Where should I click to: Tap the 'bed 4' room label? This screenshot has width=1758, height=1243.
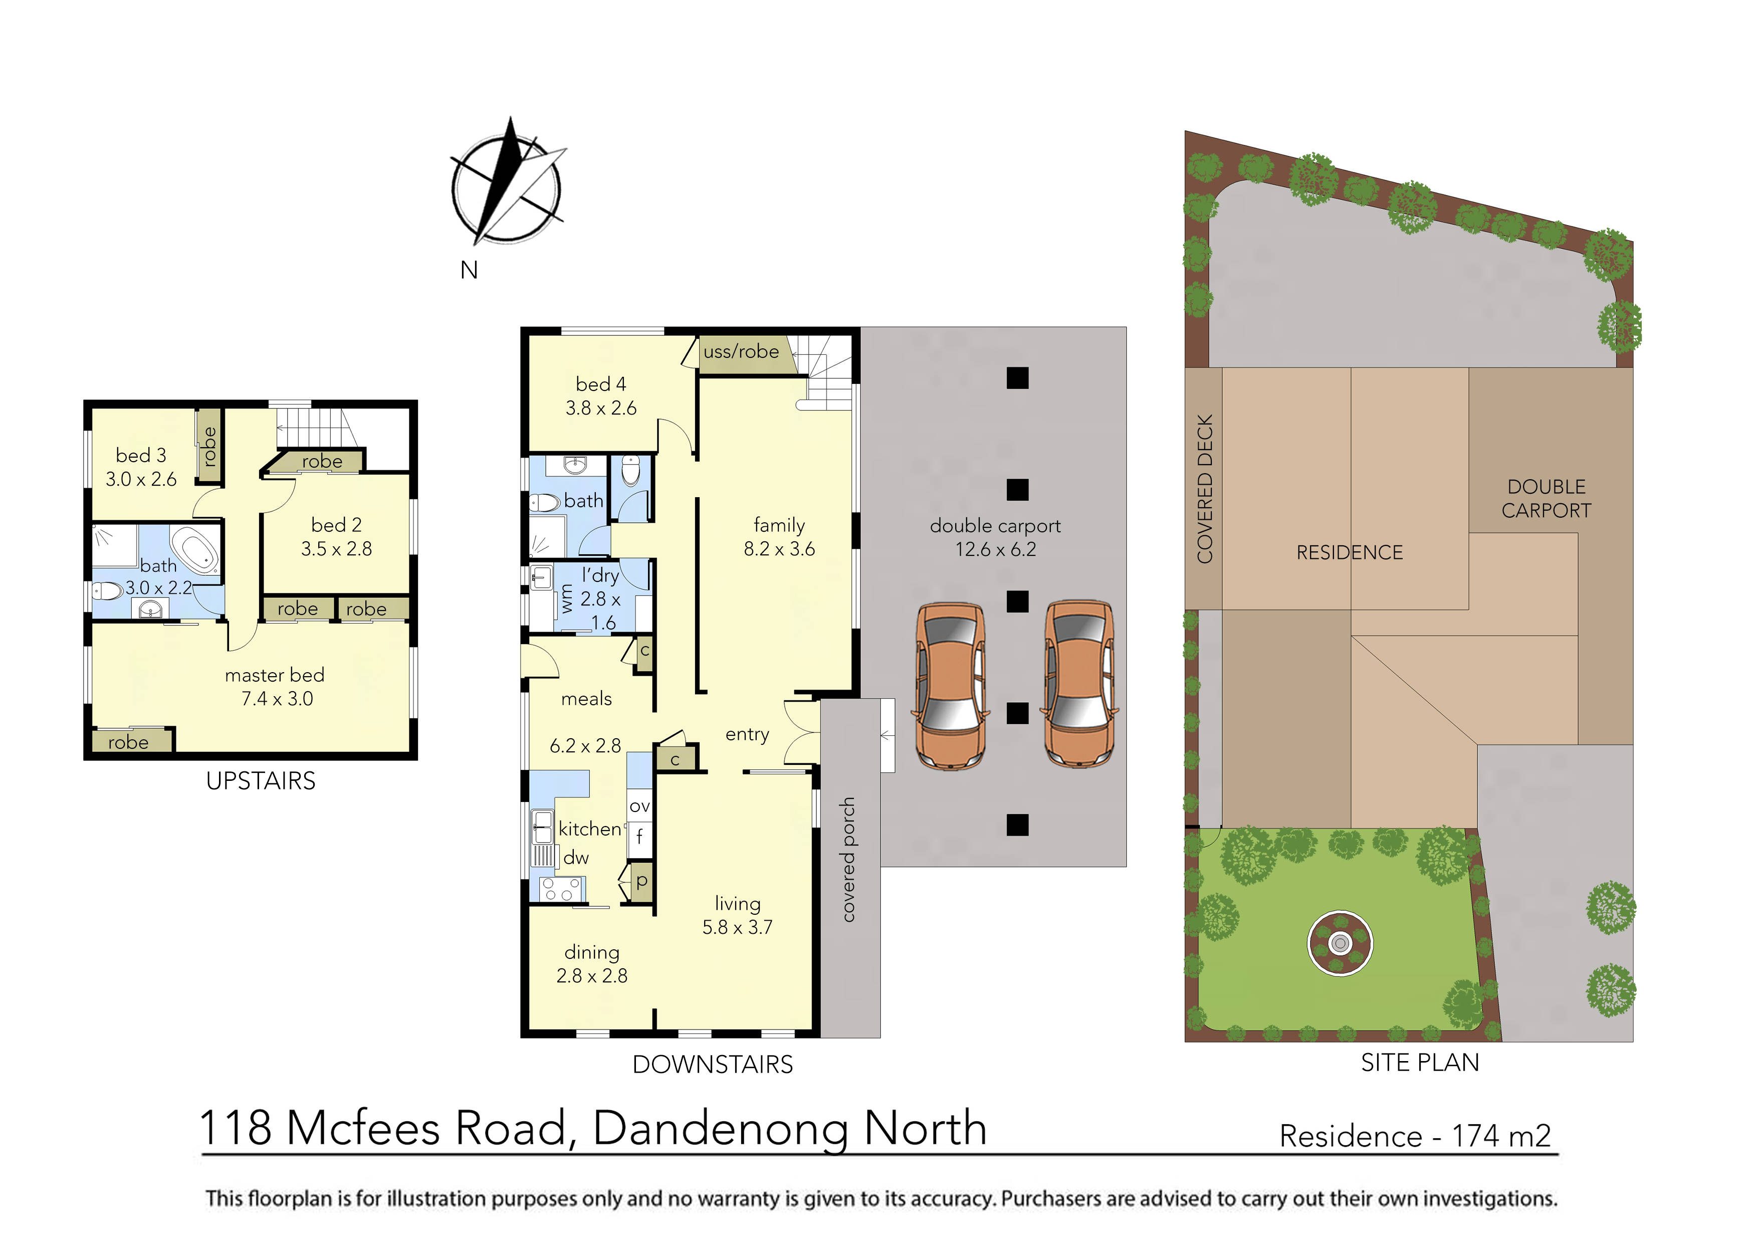click(601, 384)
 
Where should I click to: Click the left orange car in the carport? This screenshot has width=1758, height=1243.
click(950, 686)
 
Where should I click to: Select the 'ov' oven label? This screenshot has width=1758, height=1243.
click(639, 806)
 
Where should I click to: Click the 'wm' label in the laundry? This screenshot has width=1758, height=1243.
click(567, 598)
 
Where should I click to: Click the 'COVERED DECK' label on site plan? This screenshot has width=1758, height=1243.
click(1205, 489)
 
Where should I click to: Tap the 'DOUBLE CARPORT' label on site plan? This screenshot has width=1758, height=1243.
click(1546, 499)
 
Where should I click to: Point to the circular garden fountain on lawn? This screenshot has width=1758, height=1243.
click(1340, 943)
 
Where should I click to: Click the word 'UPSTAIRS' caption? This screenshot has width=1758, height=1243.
click(260, 781)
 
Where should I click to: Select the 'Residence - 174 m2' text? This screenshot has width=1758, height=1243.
click(1415, 1136)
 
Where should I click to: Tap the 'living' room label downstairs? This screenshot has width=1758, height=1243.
click(737, 904)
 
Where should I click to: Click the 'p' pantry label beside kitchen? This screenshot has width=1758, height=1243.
click(641, 881)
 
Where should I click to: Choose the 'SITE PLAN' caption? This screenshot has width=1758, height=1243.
click(1420, 1063)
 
